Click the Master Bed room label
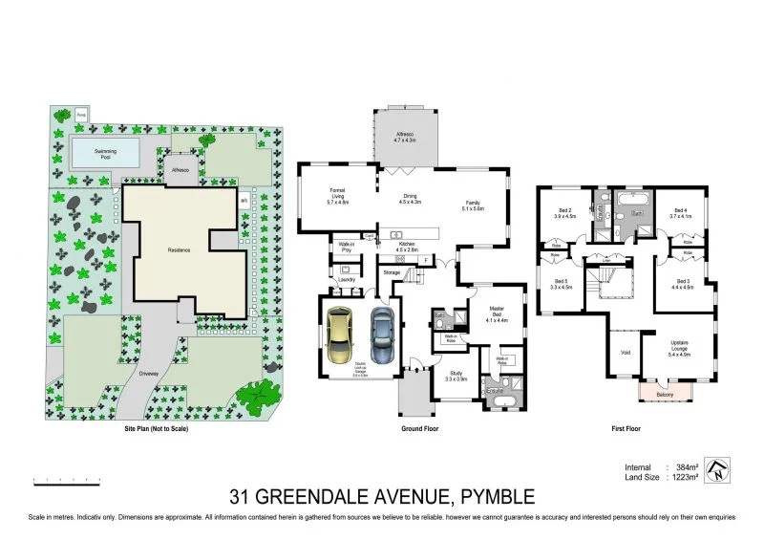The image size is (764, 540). (497, 315)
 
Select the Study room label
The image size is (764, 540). (456, 377)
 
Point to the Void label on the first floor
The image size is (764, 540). (626, 352)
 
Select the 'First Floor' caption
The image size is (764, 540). (626, 429)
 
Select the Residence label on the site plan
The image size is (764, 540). (180, 250)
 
